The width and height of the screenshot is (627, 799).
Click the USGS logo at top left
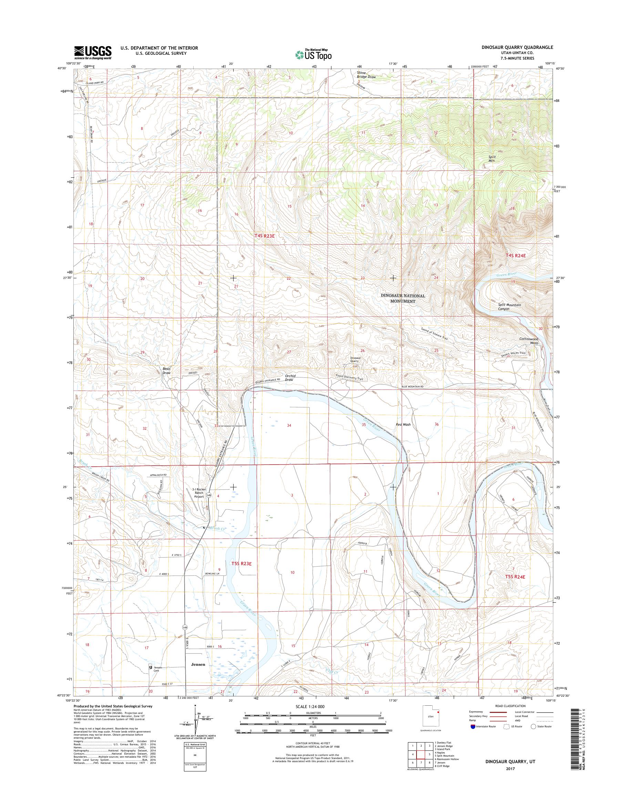[x=93, y=52]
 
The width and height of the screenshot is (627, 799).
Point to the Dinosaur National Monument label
[x=403, y=298]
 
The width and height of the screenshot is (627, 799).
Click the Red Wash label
[x=403, y=424]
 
